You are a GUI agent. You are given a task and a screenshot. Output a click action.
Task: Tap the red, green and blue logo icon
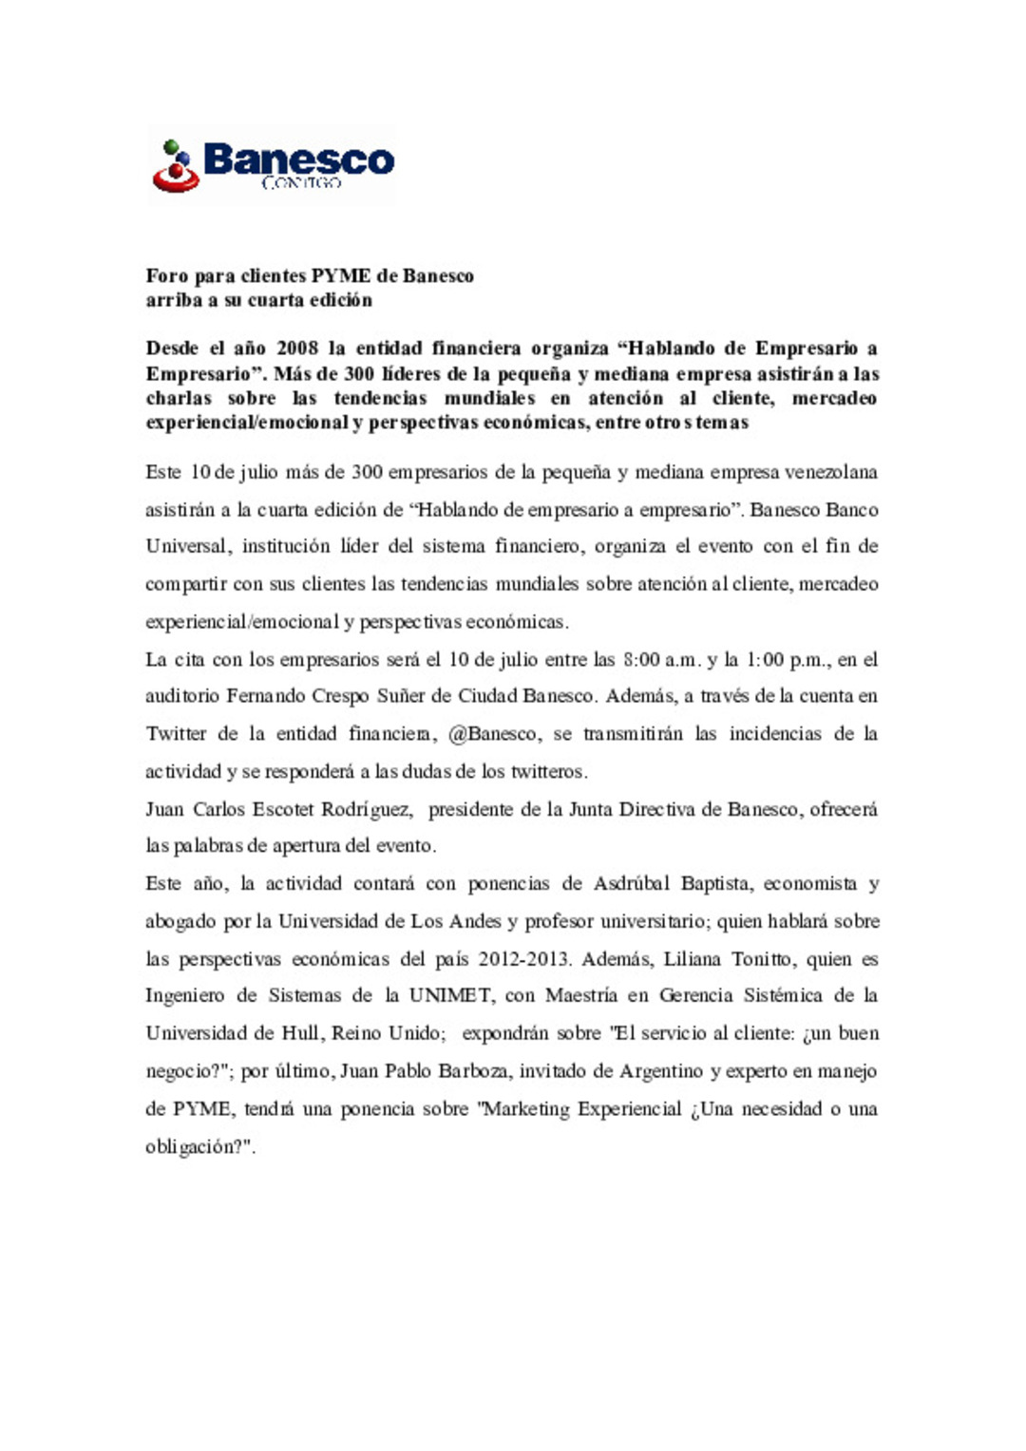(175, 167)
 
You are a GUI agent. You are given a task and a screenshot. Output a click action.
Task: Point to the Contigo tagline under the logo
(301, 182)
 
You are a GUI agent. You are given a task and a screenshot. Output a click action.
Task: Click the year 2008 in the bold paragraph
(296, 349)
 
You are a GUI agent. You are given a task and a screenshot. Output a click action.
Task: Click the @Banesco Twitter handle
(492, 734)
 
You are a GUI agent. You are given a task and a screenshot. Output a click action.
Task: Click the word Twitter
(176, 734)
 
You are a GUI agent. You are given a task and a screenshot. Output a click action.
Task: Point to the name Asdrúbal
(632, 884)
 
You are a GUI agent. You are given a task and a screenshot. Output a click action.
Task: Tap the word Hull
(300, 1033)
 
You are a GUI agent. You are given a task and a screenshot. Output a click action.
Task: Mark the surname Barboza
(474, 1071)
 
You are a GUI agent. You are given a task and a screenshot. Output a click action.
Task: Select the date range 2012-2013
(523, 959)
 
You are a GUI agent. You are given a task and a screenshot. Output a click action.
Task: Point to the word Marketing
(525, 1109)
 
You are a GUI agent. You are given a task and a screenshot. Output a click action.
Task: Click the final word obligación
(194, 1146)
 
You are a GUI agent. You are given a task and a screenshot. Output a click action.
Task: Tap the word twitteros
(549, 771)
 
